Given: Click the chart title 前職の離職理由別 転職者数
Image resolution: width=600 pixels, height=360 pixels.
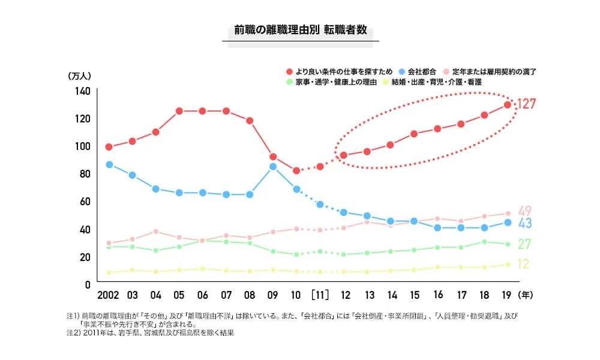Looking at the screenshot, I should pyautogui.click(x=300, y=30).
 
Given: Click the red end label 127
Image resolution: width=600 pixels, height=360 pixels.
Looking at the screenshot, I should pyautogui.click(x=526, y=104).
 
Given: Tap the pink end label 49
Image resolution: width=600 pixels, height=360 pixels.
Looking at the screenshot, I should pyautogui.click(x=525, y=211).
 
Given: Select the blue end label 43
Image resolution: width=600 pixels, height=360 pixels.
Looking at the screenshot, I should pyautogui.click(x=525, y=223).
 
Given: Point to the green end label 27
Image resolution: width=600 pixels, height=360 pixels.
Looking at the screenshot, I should pyautogui.click(x=525, y=244).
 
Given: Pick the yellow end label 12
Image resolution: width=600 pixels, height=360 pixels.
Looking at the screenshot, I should pyautogui.click(x=523, y=264).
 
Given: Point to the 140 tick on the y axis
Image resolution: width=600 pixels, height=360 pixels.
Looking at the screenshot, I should pyautogui.click(x=82, y=91).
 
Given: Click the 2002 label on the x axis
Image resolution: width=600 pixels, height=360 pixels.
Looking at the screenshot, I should pyautogui.click(x=109, y=295).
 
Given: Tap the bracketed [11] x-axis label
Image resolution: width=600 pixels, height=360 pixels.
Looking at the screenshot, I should pyautogui.click(x=320, y=295).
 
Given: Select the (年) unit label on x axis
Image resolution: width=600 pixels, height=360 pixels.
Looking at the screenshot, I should pyautogui.click(x=526, y=295).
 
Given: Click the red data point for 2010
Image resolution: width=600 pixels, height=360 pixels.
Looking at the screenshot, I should pyautogui.click(x=296, y=171).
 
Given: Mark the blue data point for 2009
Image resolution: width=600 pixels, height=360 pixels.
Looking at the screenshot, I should pyautogui.click(x=273, y=167).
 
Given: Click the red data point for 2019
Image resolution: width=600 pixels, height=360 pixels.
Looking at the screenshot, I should pyautogui.click(x=507, y=105).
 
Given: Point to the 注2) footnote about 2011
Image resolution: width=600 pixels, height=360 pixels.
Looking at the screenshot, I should pyautogui.click(x=150, y=333).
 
